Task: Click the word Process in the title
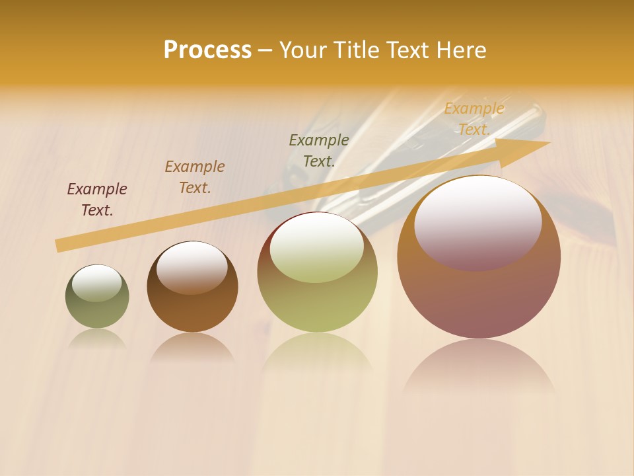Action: [207, 50]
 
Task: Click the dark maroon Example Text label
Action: [97, 200]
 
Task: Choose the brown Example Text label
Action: [195, 177]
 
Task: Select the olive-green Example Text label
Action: [319, 151]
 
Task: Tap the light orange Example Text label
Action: [474, 119]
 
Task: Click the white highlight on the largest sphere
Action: [478, 221]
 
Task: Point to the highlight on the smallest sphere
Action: [97, 282]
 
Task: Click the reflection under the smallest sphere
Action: [97, 339]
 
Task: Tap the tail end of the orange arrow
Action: [58, 246]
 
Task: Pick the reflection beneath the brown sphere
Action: [192, 347]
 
